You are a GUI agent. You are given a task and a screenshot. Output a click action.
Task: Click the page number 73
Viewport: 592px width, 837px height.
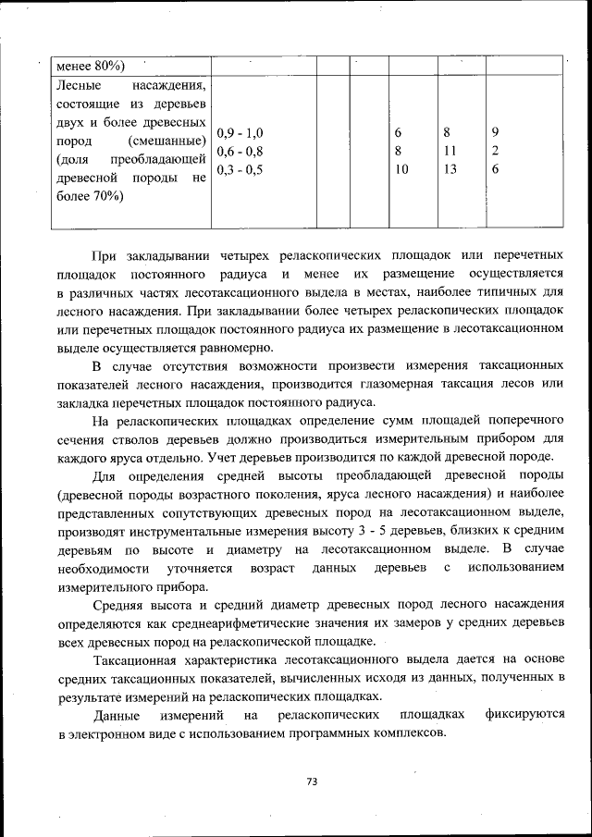[x=312, y=782]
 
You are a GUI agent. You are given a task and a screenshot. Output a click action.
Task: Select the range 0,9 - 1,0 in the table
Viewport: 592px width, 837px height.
[x=240, y=132]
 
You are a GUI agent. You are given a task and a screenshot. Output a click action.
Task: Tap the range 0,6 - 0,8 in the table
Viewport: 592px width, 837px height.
[x=240, y=151]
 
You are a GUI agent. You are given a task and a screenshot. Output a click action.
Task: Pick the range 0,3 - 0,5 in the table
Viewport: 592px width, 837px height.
[x=240, y=169]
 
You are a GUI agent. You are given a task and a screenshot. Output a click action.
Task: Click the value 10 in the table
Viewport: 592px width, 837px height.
[x=401, y=169]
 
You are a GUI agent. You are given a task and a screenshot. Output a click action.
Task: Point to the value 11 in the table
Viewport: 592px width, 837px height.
[x=450, y=151]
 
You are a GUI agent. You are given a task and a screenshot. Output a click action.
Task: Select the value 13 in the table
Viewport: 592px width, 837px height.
[x=450, y=169]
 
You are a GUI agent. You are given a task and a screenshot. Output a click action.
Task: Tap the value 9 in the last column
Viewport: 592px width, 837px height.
[x=496, y=132]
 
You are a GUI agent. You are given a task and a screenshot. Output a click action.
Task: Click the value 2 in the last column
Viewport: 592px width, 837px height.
[x=496, y=151]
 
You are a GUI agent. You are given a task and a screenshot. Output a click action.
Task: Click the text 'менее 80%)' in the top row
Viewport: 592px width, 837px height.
[x=91, y=65]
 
